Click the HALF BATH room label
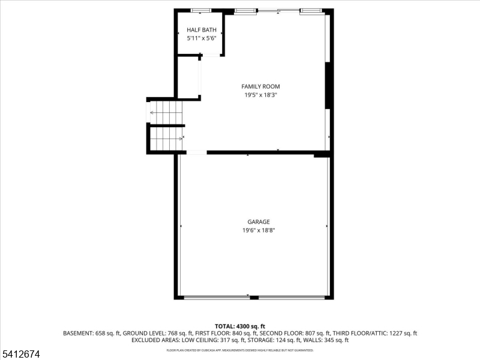pyautogui.click(x=201, y=29)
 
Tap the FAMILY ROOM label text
pyautogui.click(x=260, y=86)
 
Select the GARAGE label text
pyautogui.click(x=259, y=221)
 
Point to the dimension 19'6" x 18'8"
pyautogui.click(x=259, y=230)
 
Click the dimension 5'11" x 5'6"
pyautogui.click(x=201, y=38)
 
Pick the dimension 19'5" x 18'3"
pyautogui.click(x=260, y=95)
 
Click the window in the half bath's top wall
pyautogui.click(x=201, y=10)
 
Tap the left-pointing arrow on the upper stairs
pyautogui.click(x=153, y=112)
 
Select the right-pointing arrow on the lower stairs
pyautogui.click(x=179, y=139)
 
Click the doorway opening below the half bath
pyautogui.click(x=211, y=55)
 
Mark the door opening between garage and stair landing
pyautogui.click(x=196, y=152)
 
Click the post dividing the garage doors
pyautogui.click(x=254, y=297)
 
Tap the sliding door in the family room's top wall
pyautogui.click(x=277, y=10)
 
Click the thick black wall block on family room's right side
pyautogui.click(x=328, y=86)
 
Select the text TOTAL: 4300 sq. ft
pyautogui.click(x=240, y=326)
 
